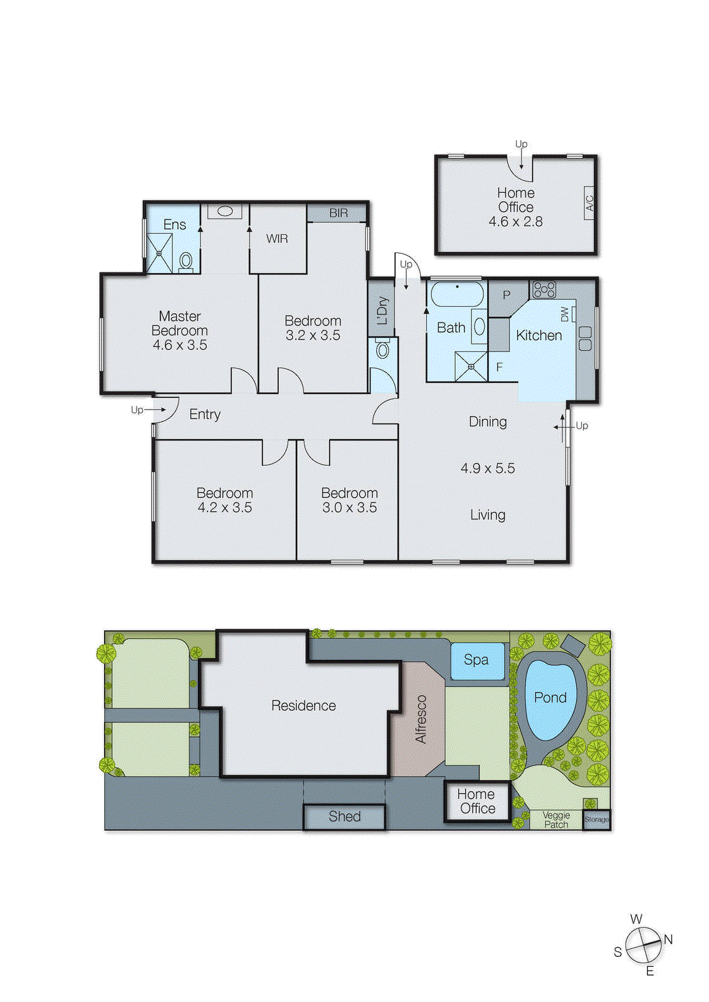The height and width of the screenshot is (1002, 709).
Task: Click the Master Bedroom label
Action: click(179, 323)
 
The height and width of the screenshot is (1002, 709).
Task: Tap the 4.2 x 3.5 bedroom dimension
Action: click(224, 508)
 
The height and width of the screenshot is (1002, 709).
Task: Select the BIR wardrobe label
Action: click(338, 213)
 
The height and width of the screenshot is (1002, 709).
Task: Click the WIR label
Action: click(277, 239)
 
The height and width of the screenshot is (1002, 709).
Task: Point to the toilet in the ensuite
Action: click(186, 261)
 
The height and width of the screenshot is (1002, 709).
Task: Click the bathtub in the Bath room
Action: click(457, 294)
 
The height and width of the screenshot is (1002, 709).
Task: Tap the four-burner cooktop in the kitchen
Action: click(544, 289)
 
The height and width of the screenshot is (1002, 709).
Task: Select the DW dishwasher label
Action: click(565, 314)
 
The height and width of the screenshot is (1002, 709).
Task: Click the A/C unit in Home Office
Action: click(589, 202)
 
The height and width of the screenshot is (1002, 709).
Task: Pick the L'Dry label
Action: click(382, 310)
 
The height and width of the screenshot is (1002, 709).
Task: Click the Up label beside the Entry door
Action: click(137, 410)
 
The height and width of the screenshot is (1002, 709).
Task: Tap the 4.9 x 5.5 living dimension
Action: click(488, 468)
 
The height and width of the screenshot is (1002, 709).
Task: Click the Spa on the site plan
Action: click(476, 660)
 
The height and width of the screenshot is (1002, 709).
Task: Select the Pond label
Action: click(550, 698)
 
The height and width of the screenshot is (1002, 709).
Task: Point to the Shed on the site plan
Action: click(344, 817)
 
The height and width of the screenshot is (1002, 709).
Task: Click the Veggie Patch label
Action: click(556, 820)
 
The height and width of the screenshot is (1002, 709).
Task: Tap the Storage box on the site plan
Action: click(596, 820)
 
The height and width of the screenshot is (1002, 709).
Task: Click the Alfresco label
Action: click(421, 719)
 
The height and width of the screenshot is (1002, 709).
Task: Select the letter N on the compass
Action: click(668, 939)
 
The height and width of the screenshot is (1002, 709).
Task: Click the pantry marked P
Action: click(507, 295)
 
